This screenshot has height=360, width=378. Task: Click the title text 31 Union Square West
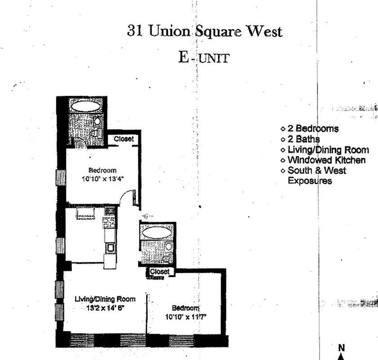tap(205, 31)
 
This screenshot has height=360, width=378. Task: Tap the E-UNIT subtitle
tap(203, 58)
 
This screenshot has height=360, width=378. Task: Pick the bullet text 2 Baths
tap(304, 139)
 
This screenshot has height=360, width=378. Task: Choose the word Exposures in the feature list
tap(310, 181)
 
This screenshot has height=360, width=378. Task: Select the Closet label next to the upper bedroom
tap(124, 139)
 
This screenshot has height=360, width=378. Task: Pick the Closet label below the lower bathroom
tap(160, 272)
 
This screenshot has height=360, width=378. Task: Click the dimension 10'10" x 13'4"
tap(102, 178)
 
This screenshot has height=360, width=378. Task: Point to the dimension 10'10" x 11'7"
tap(186, 316)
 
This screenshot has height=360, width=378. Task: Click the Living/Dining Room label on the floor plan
tap(105, 299)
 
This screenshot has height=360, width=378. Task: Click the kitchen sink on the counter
tap(110, 247)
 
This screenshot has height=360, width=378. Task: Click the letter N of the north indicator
tap(341, 347)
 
